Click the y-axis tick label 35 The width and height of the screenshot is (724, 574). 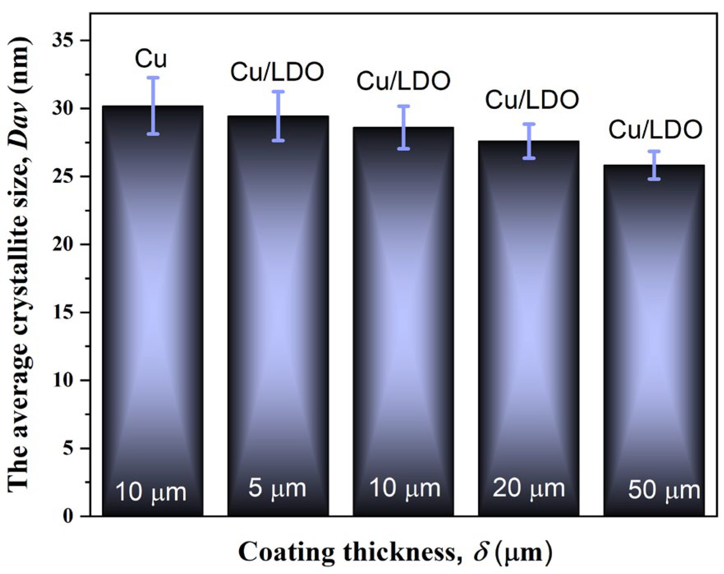(x=62, y=40)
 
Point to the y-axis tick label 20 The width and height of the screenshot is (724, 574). (x=62, y=244)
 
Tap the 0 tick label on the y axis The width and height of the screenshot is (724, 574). (x=68, y=516)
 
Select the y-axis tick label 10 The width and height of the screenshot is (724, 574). (x=62, y=380)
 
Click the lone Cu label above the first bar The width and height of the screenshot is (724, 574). (x=151, y=59)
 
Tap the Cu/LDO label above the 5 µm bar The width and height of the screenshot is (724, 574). (x=277, y=72)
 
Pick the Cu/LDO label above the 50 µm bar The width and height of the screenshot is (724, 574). (x=655, y=129)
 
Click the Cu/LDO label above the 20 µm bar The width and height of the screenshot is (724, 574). (x=532, y=100)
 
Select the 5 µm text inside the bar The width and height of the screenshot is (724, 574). (x=277, y=489)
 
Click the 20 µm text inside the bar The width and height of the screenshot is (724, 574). (x=529, y=489)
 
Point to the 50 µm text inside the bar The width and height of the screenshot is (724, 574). (x=664, y=491)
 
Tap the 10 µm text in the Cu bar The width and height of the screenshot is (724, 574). (x=151, y=492)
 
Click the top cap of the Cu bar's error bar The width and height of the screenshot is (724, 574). (x=153, y=78)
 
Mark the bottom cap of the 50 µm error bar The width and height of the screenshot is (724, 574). (x=654, y=179)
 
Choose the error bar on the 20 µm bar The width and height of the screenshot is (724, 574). (x=529, y=141)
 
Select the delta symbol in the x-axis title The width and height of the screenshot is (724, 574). (x=481, y=552)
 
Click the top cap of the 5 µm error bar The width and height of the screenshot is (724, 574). (x=278, y=92)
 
